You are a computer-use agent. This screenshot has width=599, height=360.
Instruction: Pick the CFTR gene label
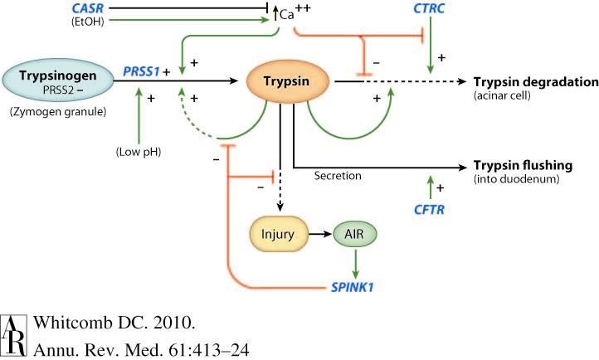(x=429, y=211)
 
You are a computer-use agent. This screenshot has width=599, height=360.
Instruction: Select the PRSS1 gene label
(x=139, y=71)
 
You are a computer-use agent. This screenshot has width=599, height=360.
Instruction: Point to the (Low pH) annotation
(x=138, y=152)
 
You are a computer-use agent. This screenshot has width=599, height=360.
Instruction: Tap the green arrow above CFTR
(x=429, y=186)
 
